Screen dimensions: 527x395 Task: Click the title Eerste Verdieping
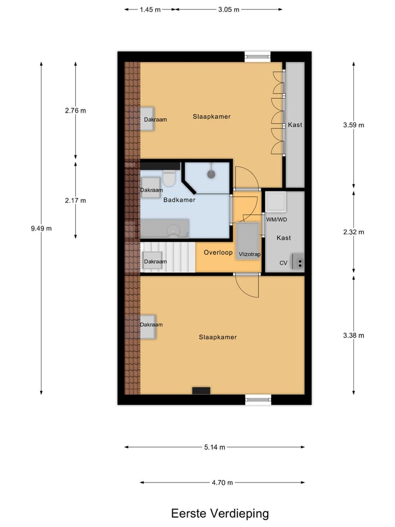219,514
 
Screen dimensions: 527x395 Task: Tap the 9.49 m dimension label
41,228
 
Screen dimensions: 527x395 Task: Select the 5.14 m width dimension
215,447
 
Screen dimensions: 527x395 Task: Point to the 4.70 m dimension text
222,483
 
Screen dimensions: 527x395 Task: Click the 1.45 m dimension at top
150,9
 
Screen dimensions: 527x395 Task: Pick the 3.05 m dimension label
229,9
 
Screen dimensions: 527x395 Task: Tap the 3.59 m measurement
353,125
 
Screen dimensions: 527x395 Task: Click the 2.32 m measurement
353,232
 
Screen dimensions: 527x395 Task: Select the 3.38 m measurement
353,335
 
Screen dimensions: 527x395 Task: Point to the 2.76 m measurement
75,110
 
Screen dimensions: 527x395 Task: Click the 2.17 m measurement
75,200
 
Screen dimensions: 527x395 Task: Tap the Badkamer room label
179,200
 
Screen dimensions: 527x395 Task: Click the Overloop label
218,253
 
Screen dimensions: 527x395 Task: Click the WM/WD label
276,220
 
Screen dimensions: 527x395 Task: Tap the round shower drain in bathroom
211,174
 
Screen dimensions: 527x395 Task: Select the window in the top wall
258,55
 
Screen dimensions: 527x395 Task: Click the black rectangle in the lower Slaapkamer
201,390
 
